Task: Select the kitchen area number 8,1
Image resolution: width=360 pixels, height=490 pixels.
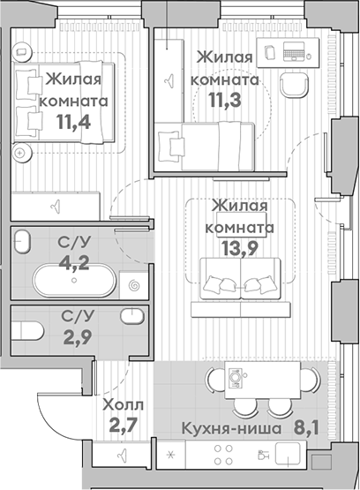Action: (x=302, y=429)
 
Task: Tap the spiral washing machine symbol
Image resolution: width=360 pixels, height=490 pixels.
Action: (x=135, y=285)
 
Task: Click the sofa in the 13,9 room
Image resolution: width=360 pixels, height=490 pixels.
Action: (x=240, y=281)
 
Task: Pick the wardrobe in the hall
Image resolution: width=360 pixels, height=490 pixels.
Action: (x=123, y=455)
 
